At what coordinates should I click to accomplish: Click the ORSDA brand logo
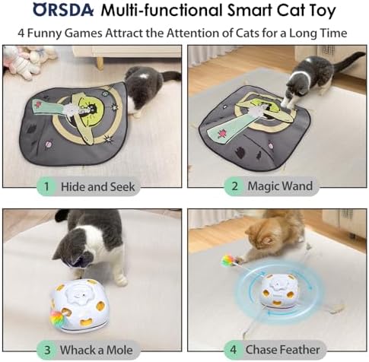[x=63, y=11]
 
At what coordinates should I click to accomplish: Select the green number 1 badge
[x=46, y=186]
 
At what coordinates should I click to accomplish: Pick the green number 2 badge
[x=234, y=186]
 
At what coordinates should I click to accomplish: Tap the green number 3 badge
[x=47, y=350]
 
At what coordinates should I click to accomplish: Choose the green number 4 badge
[x=233, y=350]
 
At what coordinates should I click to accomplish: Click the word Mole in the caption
[x=119, y=350]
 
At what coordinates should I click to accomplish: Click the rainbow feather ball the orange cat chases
[x=227, y=261]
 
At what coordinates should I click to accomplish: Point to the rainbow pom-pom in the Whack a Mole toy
[x=58, y=319]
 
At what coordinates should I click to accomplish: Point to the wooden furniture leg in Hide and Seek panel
[x=100, y=62]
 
